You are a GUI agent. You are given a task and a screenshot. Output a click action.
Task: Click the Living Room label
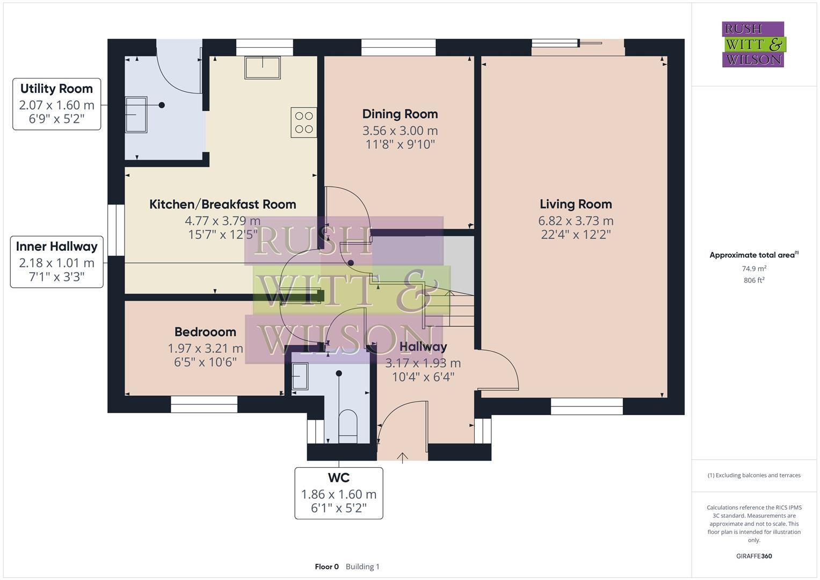pos(576,204)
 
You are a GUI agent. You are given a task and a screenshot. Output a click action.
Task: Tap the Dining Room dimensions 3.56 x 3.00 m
pos(400,130)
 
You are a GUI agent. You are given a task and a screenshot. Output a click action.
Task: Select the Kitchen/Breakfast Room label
pos(222,204)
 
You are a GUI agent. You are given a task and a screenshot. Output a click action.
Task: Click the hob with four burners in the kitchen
pos(303,122)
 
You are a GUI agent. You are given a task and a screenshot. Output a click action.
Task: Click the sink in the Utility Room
pos(136,114)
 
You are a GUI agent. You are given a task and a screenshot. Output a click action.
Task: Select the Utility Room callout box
pos(56,104)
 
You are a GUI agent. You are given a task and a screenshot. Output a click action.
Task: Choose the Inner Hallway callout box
pos(56,262)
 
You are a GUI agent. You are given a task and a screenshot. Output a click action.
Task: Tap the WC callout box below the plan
pos(338,493)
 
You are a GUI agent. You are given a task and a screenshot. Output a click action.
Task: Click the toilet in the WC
pos(348,426)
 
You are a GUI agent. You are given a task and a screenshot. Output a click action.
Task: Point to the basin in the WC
pos(300,375)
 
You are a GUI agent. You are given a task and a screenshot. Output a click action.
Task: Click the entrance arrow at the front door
pos(402,457)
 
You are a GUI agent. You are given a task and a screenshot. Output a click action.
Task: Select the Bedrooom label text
pos(205,332)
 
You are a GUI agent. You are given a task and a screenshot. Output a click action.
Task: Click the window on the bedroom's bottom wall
pos(204,404)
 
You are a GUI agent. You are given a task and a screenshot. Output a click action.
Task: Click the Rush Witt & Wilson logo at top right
pos(753,45)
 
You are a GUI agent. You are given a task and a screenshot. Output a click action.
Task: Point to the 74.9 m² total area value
pos(754,269)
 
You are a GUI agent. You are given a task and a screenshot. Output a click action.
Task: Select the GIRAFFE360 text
pos(753,556)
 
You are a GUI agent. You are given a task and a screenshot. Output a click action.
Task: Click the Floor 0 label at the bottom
pos(326,567)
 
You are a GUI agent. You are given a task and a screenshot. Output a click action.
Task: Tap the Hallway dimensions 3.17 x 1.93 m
pos(423,363)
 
